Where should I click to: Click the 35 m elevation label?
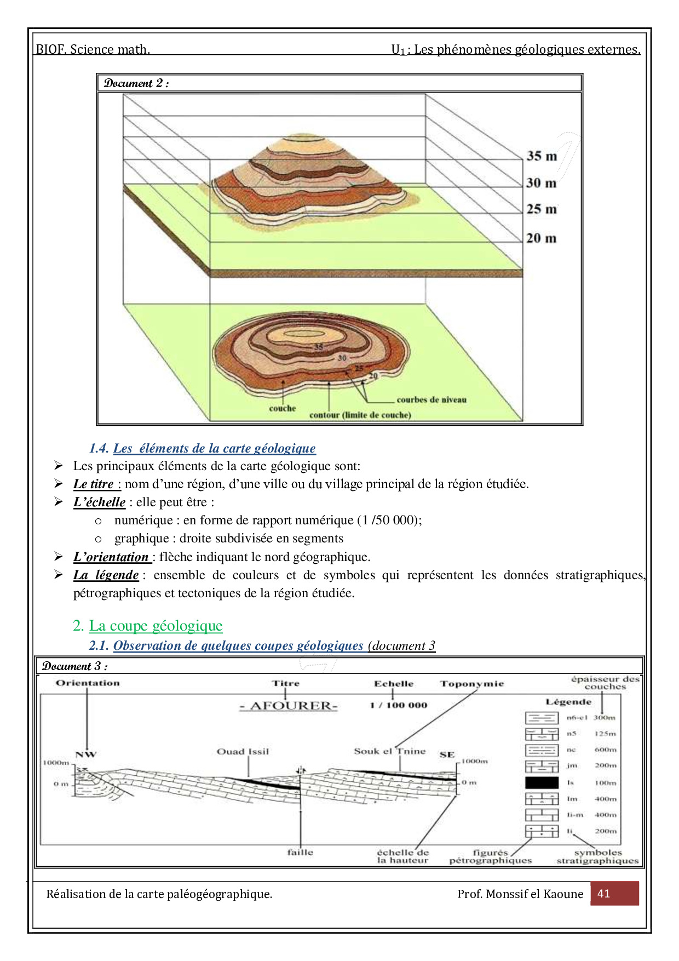[x=542, y=156]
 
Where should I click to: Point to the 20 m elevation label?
[x=541, y=238]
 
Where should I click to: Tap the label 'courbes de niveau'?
[x=431, y=400]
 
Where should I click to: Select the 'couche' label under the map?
[x=283, y=409]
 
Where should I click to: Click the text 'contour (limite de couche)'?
[x=360, y=415]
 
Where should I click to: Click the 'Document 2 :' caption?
[x=136, y=83]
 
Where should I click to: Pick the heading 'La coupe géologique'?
[x=156, y=626]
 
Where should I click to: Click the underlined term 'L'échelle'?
[x=100, y=502]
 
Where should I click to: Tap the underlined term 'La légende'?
[x=106, y=575]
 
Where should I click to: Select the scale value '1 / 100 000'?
[x=398, y=705]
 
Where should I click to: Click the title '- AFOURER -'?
[x=289, y=706]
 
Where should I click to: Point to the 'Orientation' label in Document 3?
[x=88, y=683]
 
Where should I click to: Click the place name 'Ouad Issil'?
[x=243, y=752]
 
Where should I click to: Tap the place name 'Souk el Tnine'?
[x=389, y=751]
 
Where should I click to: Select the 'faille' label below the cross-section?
[x=300, y=853]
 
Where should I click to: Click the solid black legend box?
[x=542, y=783]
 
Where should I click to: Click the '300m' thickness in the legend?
[x=605, y=718]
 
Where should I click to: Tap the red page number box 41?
[x=614, y=894]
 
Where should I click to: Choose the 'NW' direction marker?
[x=86, y=754]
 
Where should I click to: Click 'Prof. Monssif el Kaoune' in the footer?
[x=520, y=894]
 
